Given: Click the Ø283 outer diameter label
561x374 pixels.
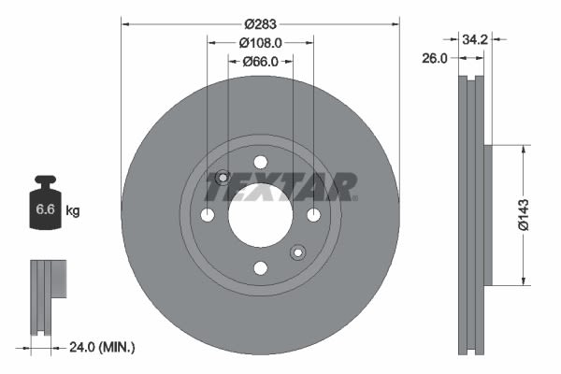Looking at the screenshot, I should tap(261, 24).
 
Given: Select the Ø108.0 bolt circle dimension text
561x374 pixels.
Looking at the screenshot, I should tap(261, 43).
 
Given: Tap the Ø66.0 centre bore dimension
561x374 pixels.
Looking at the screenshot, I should tap(261, 62).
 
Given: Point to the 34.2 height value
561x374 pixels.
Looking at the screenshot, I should tap(476, 39).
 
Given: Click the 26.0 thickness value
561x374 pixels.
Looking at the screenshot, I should tap(436, 58).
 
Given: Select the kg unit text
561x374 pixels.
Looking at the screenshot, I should tap(73, 211).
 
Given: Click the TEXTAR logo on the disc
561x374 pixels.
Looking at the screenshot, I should tap(281, 188).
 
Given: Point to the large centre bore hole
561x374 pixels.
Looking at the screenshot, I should tap(260, 215).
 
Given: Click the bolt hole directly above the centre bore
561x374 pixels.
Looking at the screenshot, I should tap(260, 163).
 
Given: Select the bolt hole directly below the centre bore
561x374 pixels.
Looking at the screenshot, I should tap(260, 268).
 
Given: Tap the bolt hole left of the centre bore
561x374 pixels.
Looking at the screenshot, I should tap(208, 216).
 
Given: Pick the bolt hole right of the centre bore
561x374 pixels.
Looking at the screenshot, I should tap(313, 216).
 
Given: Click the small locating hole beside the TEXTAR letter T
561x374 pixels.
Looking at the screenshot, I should tap(223, 179).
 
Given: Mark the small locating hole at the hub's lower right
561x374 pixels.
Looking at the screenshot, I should tap(297, 252).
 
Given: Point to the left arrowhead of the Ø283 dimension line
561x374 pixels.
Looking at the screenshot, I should tap(125, 24).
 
